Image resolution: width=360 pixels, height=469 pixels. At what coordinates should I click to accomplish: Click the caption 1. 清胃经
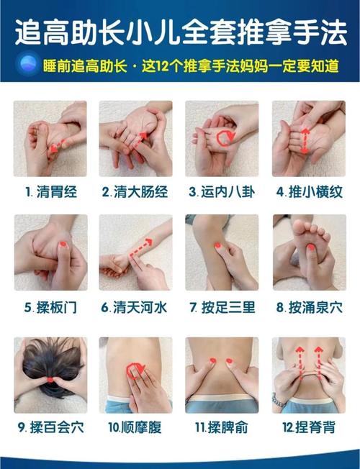click(x=50, y=192)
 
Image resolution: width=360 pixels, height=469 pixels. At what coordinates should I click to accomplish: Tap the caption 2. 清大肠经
click(x=136, y=192)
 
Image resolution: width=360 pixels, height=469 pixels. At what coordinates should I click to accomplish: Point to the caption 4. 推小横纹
click(x=309, y=192)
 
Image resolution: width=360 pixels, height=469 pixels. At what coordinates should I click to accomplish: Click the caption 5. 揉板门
click(x=50, y=308)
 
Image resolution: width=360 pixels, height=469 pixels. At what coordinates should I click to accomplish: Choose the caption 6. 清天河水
click(x=136, y=308)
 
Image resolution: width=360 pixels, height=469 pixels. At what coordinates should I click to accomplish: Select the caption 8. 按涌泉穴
click(x=309, y=308)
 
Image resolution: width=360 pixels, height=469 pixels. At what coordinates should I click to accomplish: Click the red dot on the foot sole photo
click(x=310, y=247)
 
